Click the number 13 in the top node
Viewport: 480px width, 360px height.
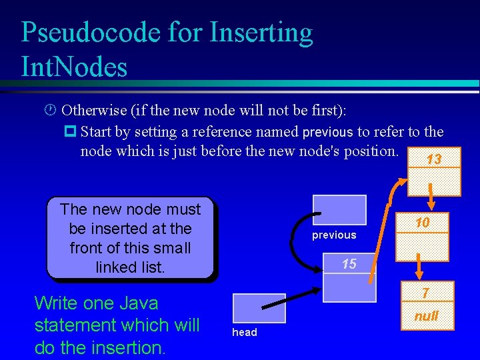pyautogui.click(x=434, y=159)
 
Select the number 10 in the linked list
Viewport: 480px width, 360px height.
pyautogui.click(x=422, y=223)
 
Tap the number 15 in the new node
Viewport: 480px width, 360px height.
pyautogui.click(x=349, y=264)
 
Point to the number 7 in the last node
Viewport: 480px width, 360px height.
pyautogui.click(x=425, y=293)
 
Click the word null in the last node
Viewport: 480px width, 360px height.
pyautogui.click(x=426, y=315)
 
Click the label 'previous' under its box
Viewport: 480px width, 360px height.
pyautogui.click(x=334, y=235)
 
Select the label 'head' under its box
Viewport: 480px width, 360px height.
pyautogui.click(x=244, y=332)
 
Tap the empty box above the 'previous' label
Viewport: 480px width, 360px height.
pyautogui.click(x=339, y=210)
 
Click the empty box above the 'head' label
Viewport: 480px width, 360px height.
pyautogui.click(x=250, y=309)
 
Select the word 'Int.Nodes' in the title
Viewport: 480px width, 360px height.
pyautogui.click(x=74, y=67)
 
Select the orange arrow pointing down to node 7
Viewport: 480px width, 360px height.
pyautogui.click(x=420, y=269)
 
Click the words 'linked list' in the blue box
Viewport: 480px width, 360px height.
pyautogui.click(x=130, y=267)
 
